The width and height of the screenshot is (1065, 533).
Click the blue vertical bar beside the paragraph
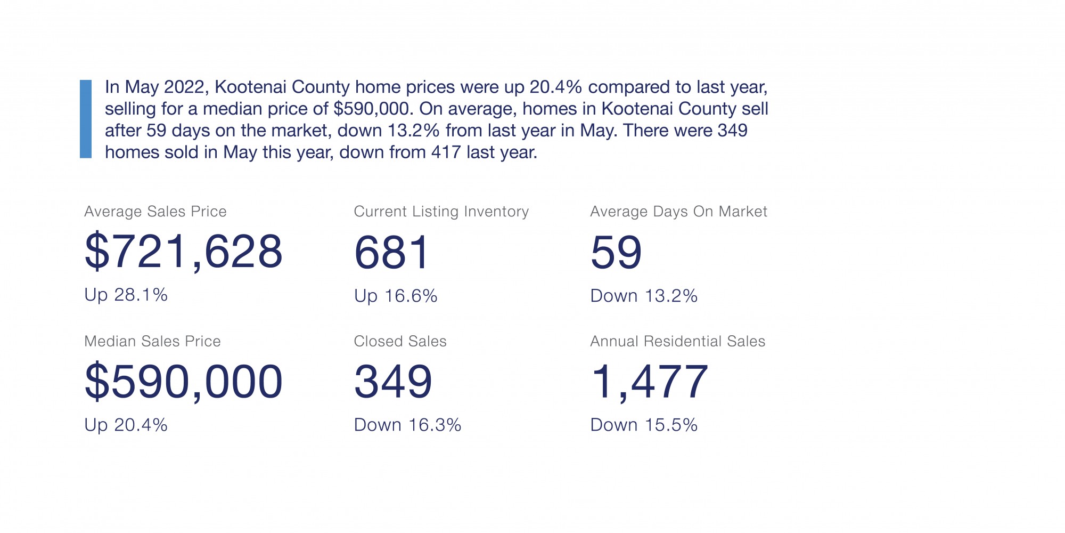coord(86,119)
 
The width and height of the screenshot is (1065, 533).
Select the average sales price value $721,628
coord(183,251)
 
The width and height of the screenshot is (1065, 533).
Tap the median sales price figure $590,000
coord(183,381)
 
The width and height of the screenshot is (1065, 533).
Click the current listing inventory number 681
coord(392,252)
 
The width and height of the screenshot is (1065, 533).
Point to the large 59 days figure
coord(616,252)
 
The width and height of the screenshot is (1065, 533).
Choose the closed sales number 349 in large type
coord(393,382)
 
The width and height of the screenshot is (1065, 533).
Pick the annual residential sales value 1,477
coord(650,382)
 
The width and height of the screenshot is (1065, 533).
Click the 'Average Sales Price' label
coord(155,212)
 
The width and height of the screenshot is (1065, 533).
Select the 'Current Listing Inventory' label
coord(441,212)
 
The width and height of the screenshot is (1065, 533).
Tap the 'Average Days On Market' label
coord(678,212)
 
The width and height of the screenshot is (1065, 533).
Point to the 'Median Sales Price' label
coord(152,341)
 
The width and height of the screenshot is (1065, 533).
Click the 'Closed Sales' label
coord(400,341)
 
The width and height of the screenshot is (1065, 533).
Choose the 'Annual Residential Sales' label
coord(677,341)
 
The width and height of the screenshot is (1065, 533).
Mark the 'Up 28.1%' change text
coord(126,295)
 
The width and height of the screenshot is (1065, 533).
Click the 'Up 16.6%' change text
coord(396,296)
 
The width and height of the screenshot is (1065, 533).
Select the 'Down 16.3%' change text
coord(407,425)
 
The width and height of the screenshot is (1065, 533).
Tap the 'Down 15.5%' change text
coord(644,425)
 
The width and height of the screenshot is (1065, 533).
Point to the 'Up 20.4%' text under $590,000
coord(126,425)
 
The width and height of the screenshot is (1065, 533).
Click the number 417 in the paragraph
coord(446,152)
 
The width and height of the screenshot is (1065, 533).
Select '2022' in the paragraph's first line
coord(184,87)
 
